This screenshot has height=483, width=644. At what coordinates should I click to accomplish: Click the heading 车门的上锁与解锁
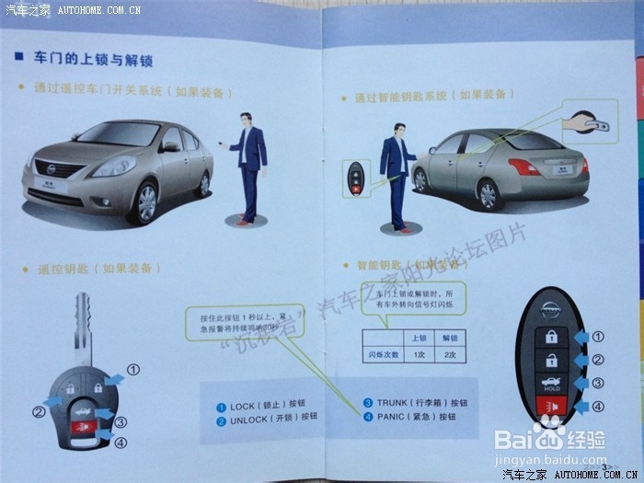point(92,60)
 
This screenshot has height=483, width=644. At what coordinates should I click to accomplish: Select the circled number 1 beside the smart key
point(597,338)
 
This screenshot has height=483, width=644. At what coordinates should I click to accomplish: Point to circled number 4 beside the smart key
point(597,407)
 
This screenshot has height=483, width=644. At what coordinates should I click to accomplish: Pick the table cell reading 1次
point(419,354)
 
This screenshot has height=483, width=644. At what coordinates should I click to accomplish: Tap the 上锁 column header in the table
point(419,337)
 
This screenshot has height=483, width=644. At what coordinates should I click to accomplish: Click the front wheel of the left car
point(144,201)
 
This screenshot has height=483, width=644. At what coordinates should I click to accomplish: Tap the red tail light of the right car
point(525,167)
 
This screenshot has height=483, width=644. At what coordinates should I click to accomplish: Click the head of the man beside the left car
point(246,121)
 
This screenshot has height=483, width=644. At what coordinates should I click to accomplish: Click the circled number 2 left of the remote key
point(39,412)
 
